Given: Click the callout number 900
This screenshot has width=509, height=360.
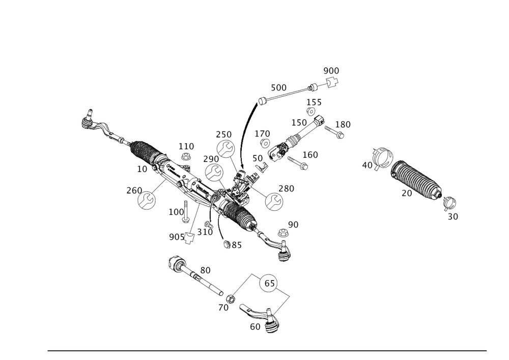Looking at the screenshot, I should click(x=331, y=70).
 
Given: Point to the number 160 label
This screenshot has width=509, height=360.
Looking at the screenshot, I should click(x=310, y=154).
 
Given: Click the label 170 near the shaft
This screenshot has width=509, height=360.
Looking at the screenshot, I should click(x=263, y=133).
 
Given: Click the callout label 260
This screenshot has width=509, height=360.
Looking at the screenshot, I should click(x=134, y=190).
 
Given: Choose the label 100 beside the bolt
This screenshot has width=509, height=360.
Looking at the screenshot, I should click(x=177, y=211).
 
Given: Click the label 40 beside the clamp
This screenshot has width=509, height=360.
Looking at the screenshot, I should click(x=367, y=164).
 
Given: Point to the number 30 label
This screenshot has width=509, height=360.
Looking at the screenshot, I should click(x=453, y=216).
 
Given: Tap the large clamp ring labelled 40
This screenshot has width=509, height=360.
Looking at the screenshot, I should click(x=382, y=156).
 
